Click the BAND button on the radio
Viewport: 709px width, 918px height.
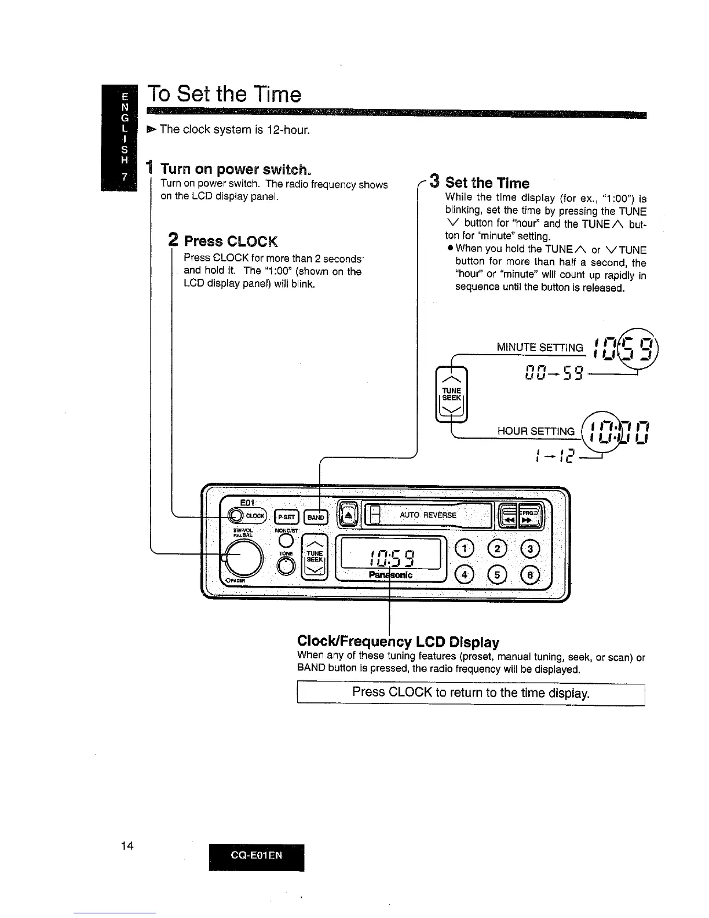[x=316, y=517]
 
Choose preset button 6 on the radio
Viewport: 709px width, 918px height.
[x=531, y=574]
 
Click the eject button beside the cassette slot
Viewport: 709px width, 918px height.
[x=348, y=515]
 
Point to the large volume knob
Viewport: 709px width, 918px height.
[x=244, y=558]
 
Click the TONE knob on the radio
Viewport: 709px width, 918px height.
[x=286, y=569]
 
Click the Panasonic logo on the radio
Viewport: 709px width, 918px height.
[x=390, y=575]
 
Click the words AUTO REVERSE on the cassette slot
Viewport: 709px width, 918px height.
[x=428, y=515]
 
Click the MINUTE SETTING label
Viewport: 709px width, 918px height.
[x=539, y=348]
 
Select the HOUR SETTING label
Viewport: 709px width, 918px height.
[x=536, y=431]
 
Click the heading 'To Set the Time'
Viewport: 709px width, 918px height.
[x=224, y=94]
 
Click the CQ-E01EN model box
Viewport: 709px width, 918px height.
[x=257, y=855]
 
